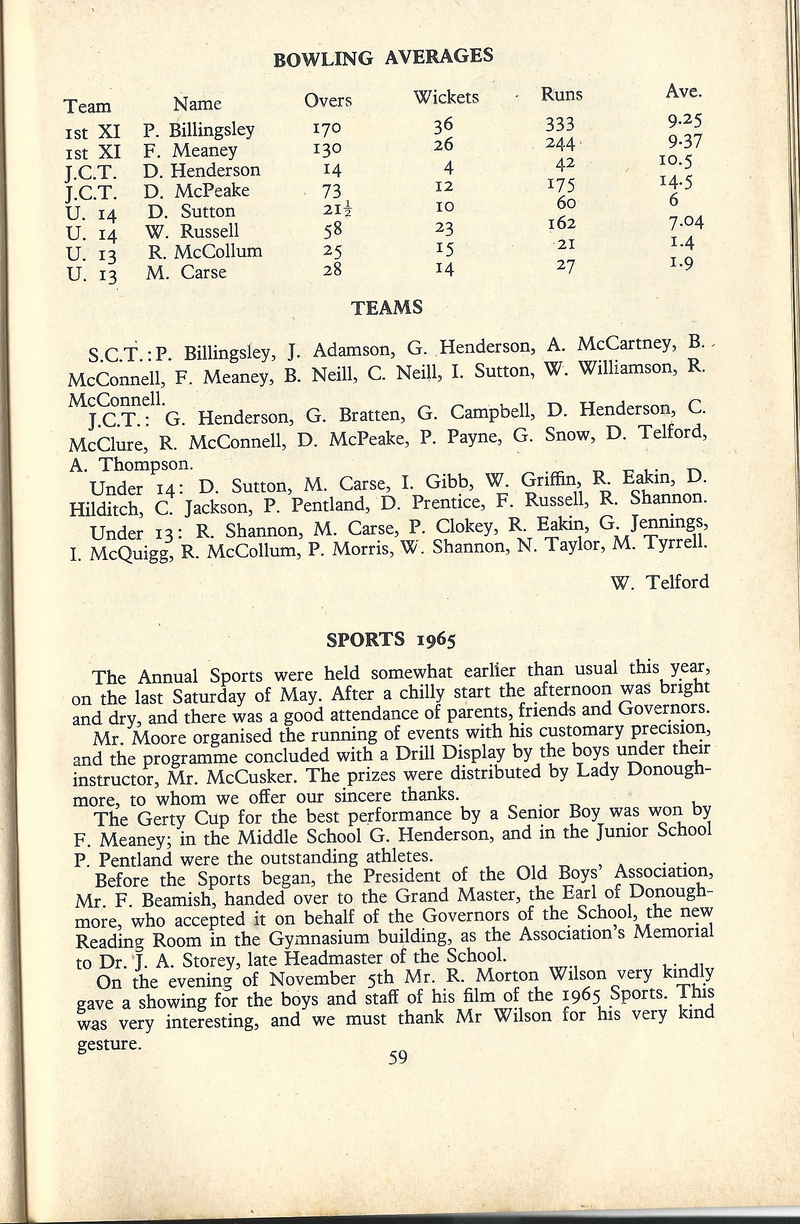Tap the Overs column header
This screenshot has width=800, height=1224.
[327, 100]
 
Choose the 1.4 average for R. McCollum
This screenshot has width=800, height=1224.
[683, 241]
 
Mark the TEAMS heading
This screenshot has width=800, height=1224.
[386, 307]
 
